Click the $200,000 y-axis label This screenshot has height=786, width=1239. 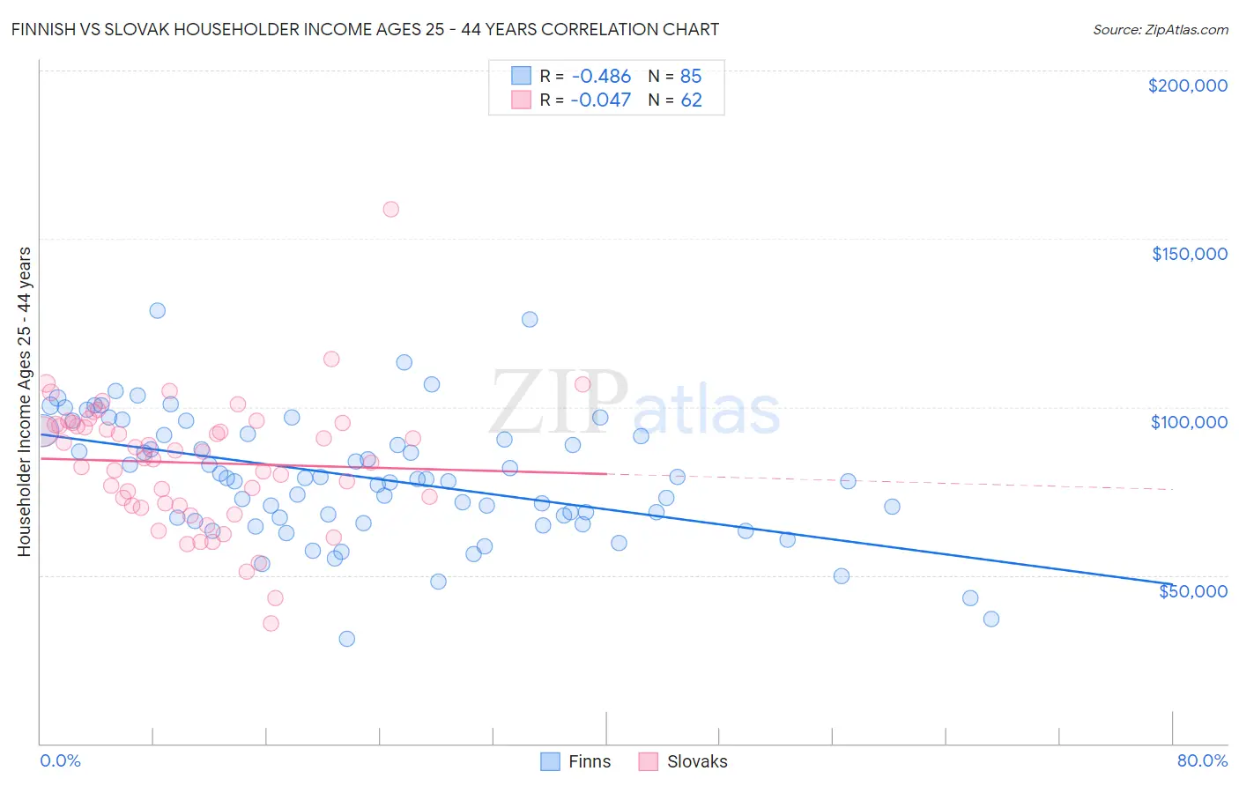pos(1187,85)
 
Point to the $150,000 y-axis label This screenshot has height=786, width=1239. pos(1189,254)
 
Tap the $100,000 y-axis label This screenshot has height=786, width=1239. pos(1189,422)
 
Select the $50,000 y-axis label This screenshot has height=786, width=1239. pos(1192,590)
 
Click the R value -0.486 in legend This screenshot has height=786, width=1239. pos(600,77)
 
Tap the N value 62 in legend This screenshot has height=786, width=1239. pos(691,100)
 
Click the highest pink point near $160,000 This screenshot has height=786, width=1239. pos(390,209)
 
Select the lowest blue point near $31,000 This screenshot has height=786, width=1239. pos(347,639)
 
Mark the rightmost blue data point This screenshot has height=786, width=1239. pos(991,619)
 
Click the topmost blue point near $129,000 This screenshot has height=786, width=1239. pos(157,310)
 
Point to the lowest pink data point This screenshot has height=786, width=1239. pos(271,623)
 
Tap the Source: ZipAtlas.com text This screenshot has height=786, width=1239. pos(1160,29)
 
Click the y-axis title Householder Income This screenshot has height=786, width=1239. pos(24,401)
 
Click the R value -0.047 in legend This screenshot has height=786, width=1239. pos(600,100)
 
